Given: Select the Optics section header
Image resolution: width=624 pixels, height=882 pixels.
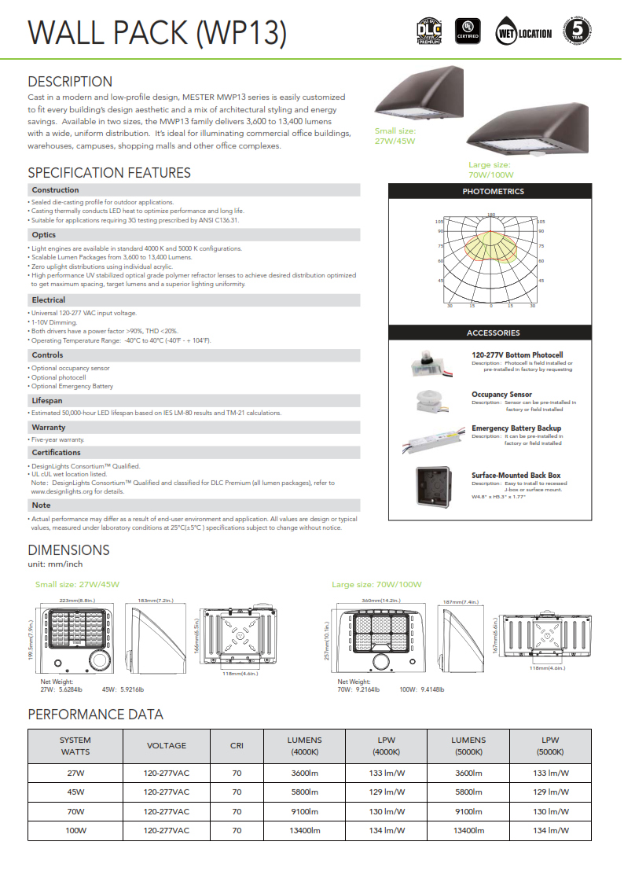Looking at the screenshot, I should (44, 235).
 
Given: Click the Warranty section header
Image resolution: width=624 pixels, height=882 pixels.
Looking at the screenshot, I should (49, 428).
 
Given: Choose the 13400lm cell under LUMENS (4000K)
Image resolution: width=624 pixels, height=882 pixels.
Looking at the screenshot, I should (304, 830).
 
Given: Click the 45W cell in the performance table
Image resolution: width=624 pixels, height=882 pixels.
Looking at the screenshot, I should (75, 792).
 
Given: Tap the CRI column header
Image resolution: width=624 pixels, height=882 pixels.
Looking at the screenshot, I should (237, 745).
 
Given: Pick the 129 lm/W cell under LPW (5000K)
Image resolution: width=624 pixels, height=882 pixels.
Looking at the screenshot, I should (549, 792).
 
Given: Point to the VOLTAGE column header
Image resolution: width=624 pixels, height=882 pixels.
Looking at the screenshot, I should (167, 745).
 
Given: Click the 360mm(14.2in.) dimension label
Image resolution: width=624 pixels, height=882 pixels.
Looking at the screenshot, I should (380, 601).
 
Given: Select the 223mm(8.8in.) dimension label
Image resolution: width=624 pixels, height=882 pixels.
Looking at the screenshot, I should (77, 601).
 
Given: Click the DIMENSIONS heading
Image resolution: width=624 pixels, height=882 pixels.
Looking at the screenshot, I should (68, 550).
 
